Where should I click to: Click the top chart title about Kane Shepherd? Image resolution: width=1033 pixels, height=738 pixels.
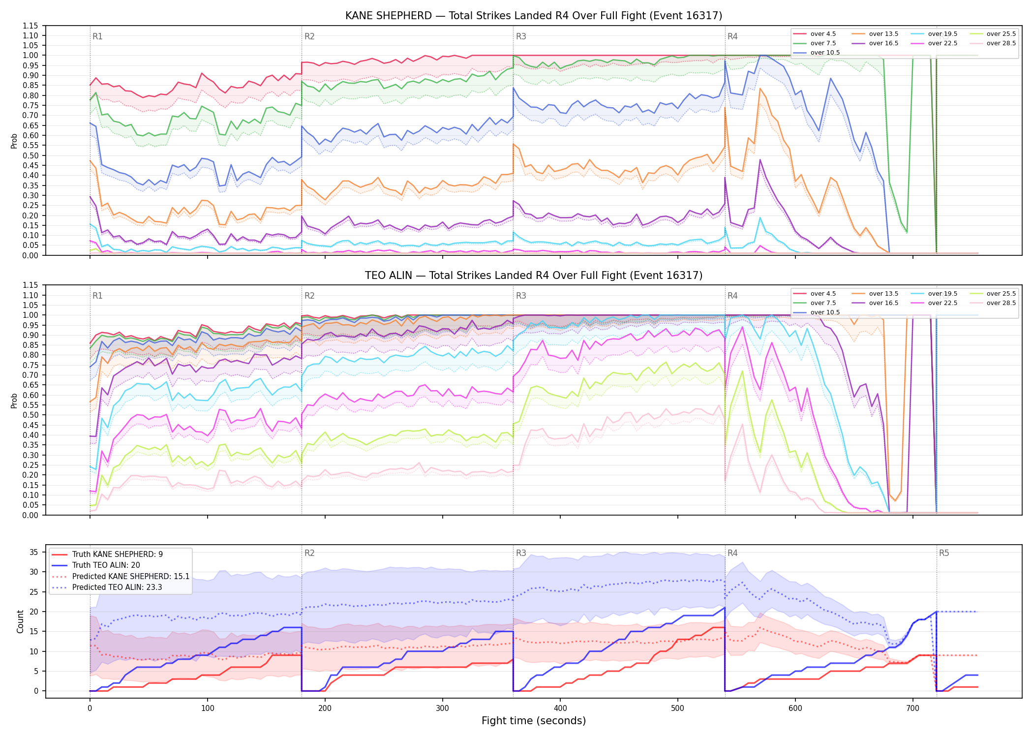point(534,16)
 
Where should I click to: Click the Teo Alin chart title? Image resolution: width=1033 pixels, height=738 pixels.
point(534,276)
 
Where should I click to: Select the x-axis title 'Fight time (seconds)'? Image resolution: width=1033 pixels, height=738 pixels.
point(534,721)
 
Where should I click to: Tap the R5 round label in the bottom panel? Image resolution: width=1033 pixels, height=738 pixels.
point(944,553)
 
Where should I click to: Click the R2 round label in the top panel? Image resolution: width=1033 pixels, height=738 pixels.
point(309,36)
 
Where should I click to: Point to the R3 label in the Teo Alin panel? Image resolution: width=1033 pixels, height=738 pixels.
point(521,296)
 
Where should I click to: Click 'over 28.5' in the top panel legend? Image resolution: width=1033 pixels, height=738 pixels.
point(1001,43)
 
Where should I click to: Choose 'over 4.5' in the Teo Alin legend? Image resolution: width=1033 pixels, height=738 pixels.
point(823,294)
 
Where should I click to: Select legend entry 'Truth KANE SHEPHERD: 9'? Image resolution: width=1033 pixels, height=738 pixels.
point(118,554)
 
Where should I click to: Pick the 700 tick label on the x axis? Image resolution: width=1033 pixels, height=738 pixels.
point(912,708)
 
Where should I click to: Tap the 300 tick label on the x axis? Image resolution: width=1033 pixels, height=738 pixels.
point(442,708)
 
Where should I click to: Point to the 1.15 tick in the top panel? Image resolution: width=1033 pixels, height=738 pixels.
point(30,26)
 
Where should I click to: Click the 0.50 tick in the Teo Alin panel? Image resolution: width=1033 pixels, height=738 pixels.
point(30,415)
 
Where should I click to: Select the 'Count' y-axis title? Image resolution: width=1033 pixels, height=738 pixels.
point(20,621)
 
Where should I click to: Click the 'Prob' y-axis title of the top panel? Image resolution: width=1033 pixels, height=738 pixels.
point(14,141)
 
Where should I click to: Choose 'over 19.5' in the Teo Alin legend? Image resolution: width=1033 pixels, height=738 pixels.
point(942,294)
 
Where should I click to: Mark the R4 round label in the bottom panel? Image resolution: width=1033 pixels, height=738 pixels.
point(732,553)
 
